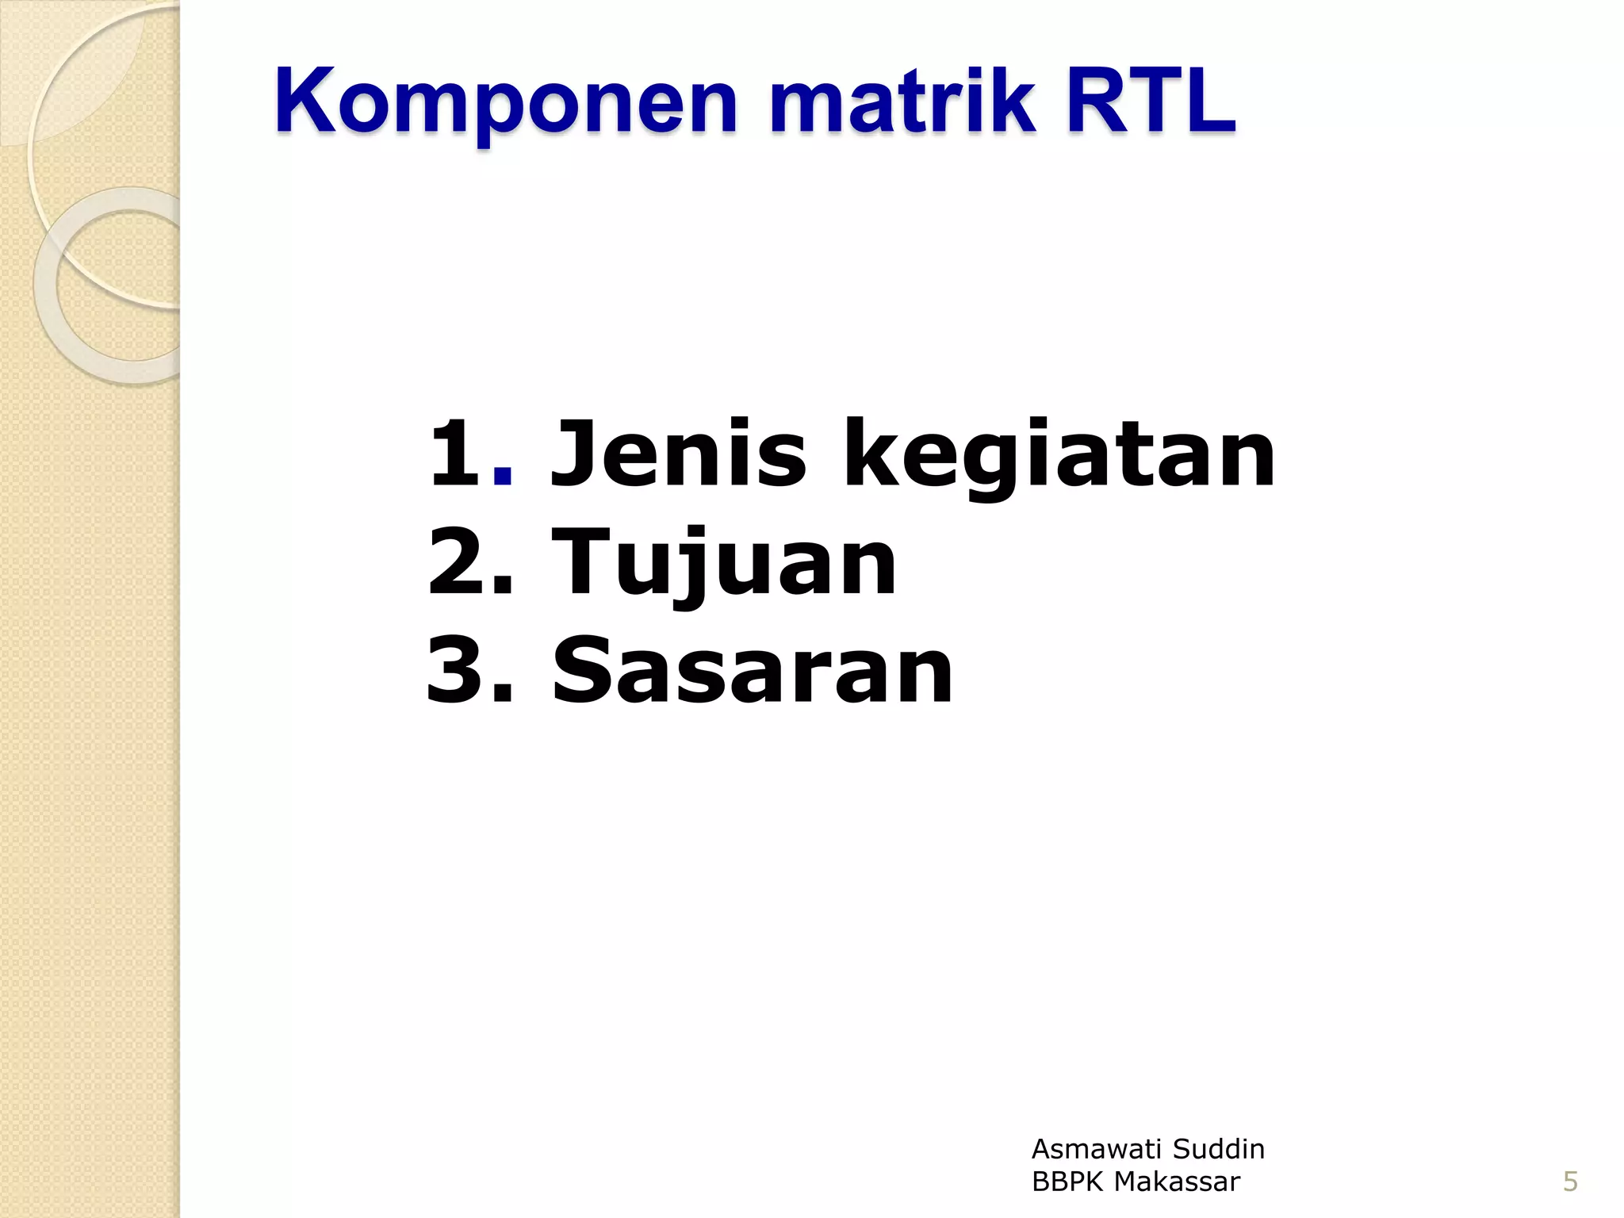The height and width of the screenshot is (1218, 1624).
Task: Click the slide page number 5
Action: pyautogui.click(x=1570, y=1182)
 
